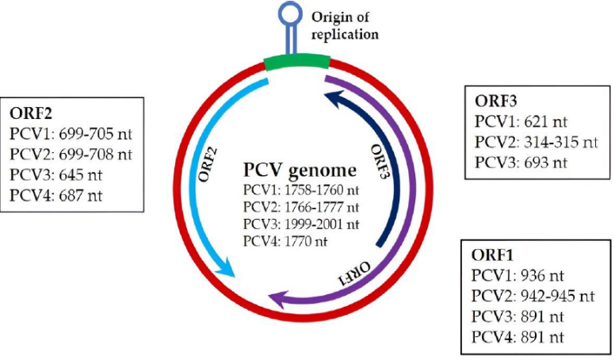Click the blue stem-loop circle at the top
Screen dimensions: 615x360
point(291,13)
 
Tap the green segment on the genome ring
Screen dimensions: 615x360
point(296,63)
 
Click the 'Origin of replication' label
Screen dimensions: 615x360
point(345,25)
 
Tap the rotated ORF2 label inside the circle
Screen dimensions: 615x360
point(208,164)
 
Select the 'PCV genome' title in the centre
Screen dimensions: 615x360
point(300,170)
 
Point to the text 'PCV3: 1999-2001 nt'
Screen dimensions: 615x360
point(301,224)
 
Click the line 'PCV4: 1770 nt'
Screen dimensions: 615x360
point(285,241)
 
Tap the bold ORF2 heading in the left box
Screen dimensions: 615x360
point(31,113)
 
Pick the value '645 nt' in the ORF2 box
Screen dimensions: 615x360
point(80,174)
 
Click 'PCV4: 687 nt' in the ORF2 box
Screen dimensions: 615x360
point(55,195)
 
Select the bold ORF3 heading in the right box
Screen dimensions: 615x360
point(496,101)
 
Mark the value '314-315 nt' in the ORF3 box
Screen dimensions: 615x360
point(561,142)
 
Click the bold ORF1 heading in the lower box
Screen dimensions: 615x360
point(492,255)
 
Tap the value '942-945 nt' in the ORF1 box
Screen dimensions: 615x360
point(558,296)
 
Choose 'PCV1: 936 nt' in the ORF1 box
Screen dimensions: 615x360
point(518,276)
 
